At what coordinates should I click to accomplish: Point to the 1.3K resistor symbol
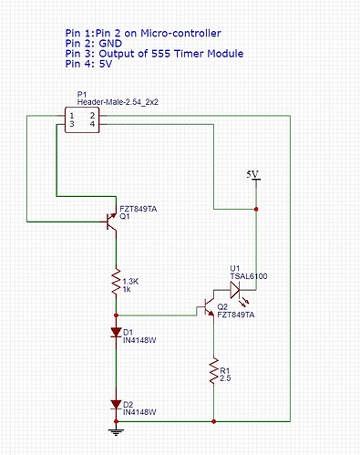pyautogui.click(x=117, y=283)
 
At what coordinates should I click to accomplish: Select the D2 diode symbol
pyautogui.click(x=117, y=403)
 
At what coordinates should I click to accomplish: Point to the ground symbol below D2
pyautogui.click(x=117, y=431)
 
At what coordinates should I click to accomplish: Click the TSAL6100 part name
pyautogui.click(x=248, y=276)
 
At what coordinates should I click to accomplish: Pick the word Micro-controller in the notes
pyautogui.click(x=171, y=31)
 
